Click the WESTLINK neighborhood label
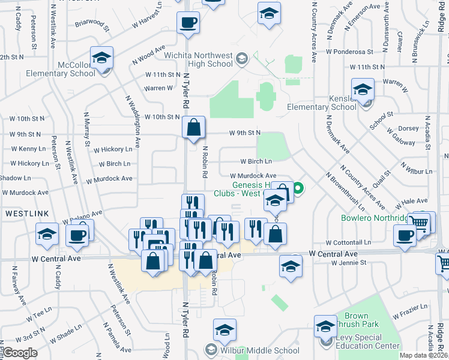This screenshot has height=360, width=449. coord(22,213)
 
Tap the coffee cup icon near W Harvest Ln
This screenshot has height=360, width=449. coord(188,23)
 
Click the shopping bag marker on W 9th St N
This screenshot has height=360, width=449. coord(194,128)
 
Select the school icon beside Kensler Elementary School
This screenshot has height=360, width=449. coord(363,91)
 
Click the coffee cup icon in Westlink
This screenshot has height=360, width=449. coord(77,235)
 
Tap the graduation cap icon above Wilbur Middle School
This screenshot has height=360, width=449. coord(224,330)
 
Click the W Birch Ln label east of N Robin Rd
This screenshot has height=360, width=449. coord(256,161)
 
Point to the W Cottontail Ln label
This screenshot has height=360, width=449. coord(348,243)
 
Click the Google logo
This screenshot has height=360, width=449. coord(19,353)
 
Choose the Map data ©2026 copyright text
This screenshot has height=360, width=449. coord(423,355)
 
